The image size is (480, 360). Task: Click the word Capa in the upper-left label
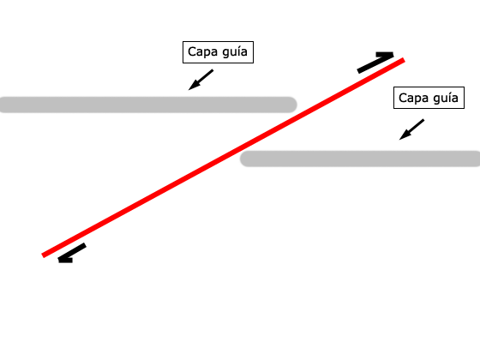click(202, 51)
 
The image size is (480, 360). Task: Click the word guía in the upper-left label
click(235, 51)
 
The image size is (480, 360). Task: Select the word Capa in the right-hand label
click(413, 99)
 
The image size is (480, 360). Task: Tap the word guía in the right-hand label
click(446, 99)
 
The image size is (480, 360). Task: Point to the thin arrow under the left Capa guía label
click(201, 80)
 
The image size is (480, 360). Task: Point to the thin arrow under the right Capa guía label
click(411, 129)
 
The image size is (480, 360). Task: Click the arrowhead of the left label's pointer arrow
click(192, 87)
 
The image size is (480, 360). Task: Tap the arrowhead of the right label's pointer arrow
click(403, 136)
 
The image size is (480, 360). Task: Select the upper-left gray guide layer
click(148, 105)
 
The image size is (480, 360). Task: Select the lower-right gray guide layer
click(360, 159)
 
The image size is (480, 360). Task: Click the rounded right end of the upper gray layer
click(293, 105)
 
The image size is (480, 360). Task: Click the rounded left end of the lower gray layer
click(243, 159)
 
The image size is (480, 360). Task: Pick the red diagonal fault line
click(223, 158)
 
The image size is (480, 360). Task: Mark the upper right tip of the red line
click(404, 60)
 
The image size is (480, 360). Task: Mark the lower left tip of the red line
click(43, 255)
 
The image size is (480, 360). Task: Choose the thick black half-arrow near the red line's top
click(375, 63)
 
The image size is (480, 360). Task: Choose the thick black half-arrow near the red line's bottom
click(72, 253)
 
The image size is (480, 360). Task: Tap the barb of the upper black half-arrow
click(385, 55)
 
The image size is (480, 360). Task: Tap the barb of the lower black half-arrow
click(65, 261)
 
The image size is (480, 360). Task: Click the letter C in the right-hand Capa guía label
click(402, 98)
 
